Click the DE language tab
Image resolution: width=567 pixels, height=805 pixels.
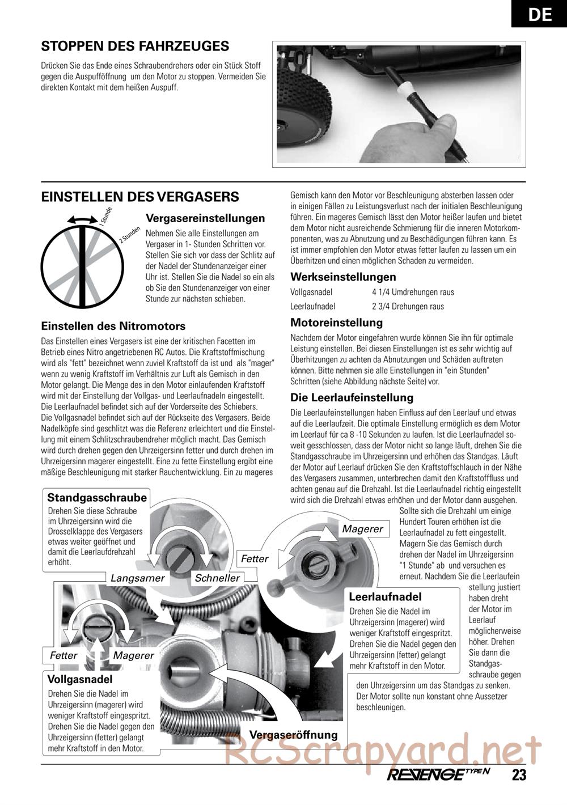539,14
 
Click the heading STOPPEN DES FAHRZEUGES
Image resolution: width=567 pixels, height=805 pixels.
135,46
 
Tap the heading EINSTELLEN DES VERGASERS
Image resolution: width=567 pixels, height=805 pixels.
140,197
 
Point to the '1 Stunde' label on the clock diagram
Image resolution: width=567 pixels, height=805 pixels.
106,217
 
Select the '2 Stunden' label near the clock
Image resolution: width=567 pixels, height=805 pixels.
130,235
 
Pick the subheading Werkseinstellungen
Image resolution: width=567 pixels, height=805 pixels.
343,277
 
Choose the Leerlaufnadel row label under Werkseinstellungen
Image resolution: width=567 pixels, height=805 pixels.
312,307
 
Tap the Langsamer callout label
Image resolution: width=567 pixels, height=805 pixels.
137,578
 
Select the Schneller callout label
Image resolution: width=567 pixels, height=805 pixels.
217,578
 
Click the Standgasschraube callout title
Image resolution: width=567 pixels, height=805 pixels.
97,498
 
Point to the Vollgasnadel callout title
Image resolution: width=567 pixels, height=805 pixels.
80,679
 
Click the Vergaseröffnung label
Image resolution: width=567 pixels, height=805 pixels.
293,735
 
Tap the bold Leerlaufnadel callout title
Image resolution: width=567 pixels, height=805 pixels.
385,597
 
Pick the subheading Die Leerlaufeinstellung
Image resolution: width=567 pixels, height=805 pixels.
352,397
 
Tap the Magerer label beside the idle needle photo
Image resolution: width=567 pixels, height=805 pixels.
363,529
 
